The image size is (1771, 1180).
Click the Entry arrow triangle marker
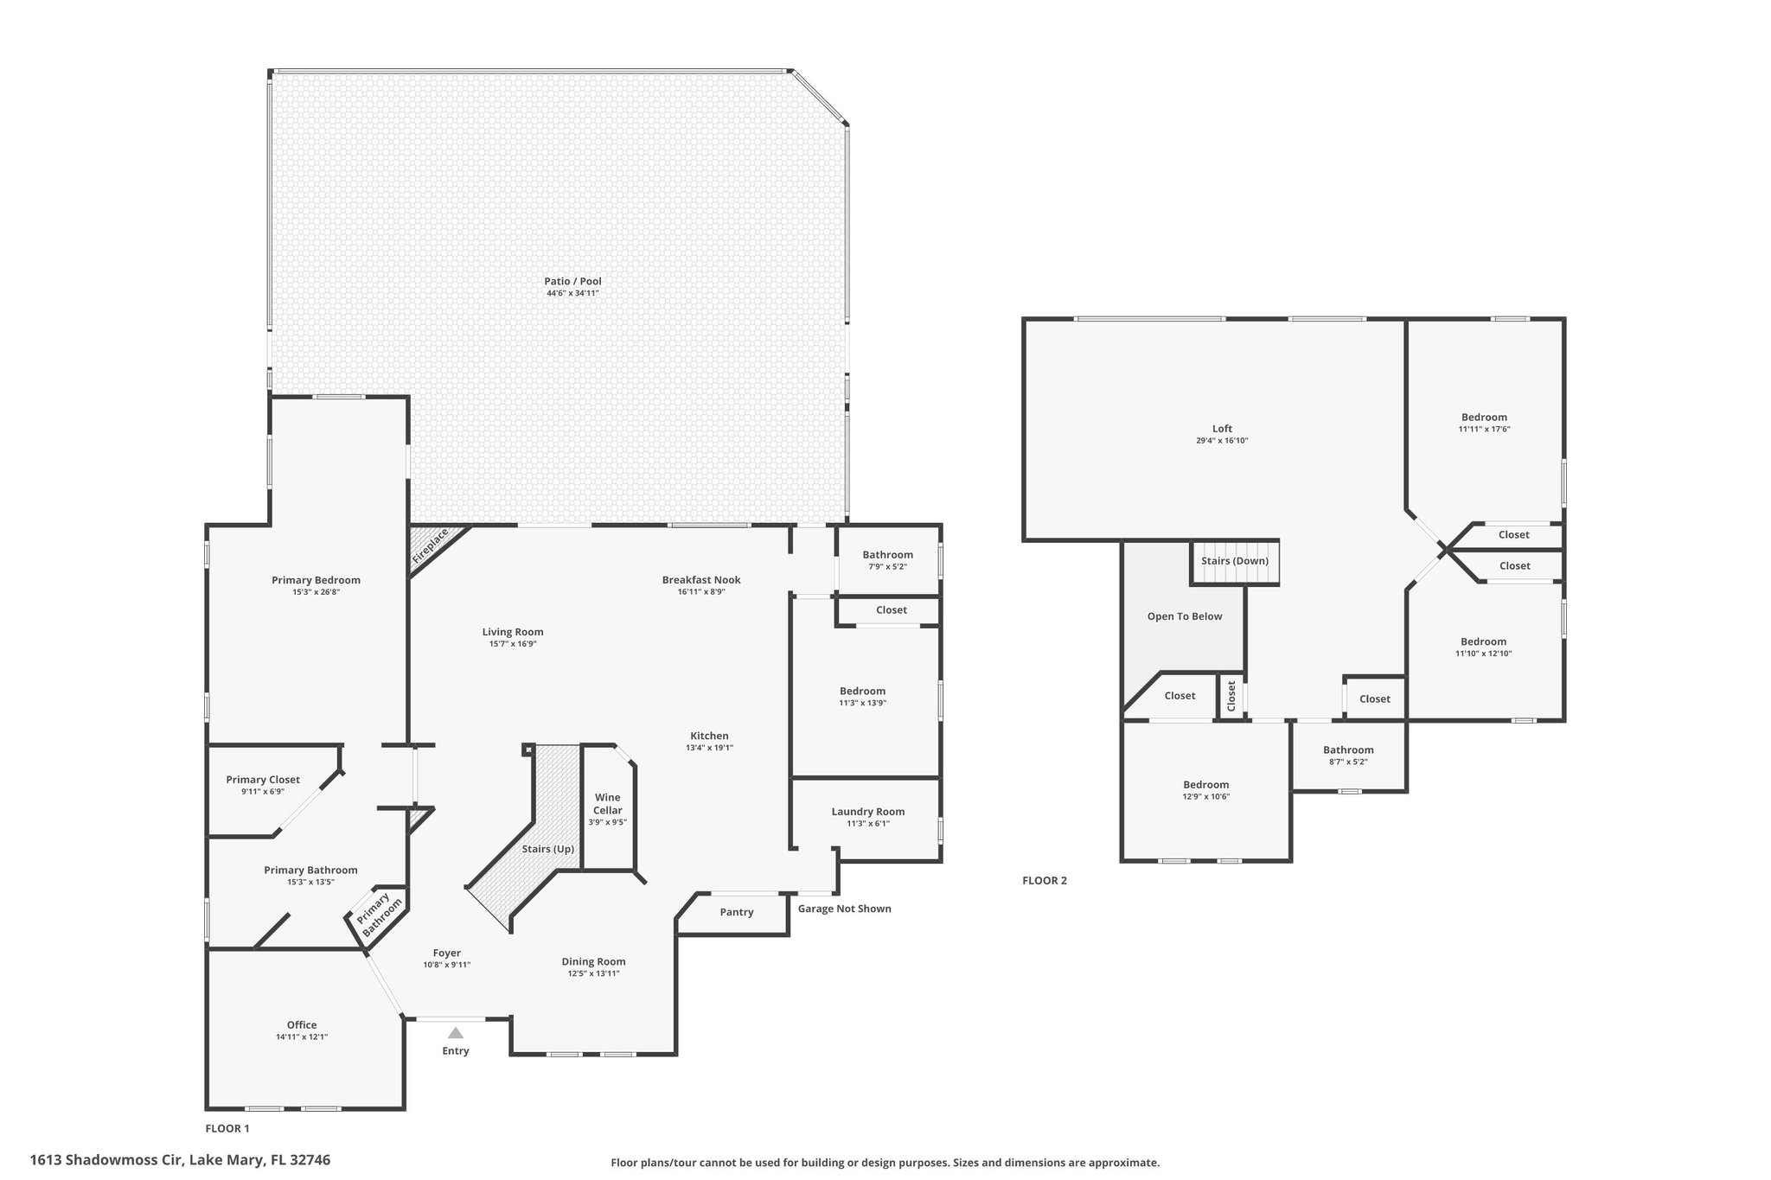(456, 1032)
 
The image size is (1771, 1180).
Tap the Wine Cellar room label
(608, 804)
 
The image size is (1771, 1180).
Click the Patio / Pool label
(572, 281)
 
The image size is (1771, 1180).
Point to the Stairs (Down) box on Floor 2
(1235, 563)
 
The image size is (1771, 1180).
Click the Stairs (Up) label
(548, 849)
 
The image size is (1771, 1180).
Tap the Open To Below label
(1185, 616)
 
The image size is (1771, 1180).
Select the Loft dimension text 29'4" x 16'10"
(1222, 441)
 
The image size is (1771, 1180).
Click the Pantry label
(737, 912)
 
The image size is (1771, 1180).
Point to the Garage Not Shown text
(844, 909)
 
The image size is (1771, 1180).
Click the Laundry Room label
(868, 812)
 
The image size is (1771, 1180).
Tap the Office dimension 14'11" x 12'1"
(302, 1037)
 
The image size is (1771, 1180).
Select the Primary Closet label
(263, 780)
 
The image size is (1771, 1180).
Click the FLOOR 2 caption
(1045, 881)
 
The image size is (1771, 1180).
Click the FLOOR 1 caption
(227, 1128)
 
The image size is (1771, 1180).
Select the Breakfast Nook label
(701, 580)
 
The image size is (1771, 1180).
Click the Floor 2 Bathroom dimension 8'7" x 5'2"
(1348, 762)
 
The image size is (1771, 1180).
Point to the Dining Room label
(593, 961)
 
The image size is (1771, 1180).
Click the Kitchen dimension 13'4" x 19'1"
(709, 748)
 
